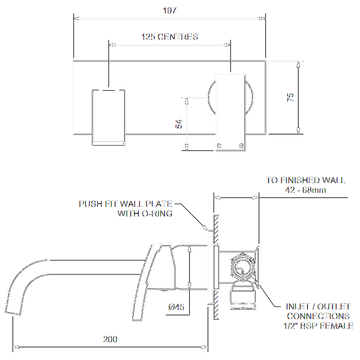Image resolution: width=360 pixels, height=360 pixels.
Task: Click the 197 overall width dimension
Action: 169,10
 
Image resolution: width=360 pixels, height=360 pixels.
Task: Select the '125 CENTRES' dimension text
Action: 169,37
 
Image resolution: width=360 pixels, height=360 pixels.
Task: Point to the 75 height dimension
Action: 291,97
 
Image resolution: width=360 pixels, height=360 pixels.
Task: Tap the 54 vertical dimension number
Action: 179,124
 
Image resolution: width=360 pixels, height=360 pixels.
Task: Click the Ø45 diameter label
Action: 177,307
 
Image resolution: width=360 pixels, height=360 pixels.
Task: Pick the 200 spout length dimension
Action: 110,340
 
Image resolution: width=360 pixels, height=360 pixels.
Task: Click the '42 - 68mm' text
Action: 306,190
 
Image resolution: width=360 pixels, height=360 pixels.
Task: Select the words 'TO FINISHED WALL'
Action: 306,181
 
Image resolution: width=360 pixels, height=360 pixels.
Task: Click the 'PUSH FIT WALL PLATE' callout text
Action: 126,204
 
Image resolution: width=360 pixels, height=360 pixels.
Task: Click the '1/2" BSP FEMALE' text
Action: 318,326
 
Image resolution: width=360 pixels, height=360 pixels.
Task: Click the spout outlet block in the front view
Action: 109,117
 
